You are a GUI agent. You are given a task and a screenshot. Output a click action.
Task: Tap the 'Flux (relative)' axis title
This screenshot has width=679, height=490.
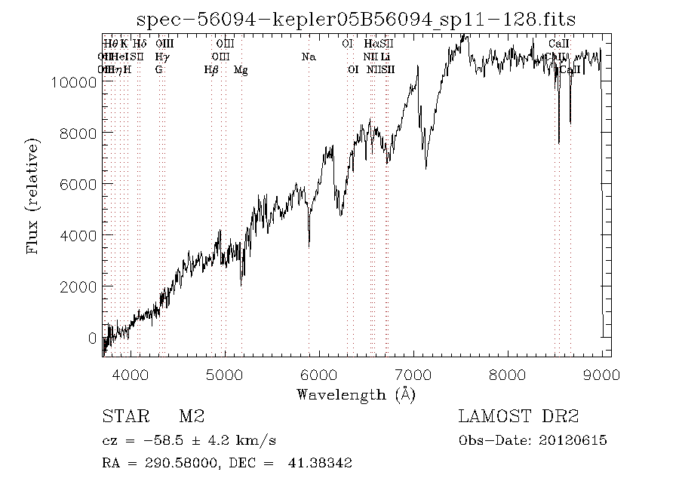tap(32, 196)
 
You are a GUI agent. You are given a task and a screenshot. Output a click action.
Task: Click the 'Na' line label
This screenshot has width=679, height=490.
tap(308, 57)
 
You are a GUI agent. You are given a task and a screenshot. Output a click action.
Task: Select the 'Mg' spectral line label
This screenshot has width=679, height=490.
tap(241, 70)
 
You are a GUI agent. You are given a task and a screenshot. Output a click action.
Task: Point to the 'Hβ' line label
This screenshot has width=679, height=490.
tap(211, 70)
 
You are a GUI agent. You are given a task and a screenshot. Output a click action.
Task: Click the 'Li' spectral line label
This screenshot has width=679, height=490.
tap(386, 57)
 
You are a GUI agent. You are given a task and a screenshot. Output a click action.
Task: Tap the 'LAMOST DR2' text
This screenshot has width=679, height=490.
tap(518, 417)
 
